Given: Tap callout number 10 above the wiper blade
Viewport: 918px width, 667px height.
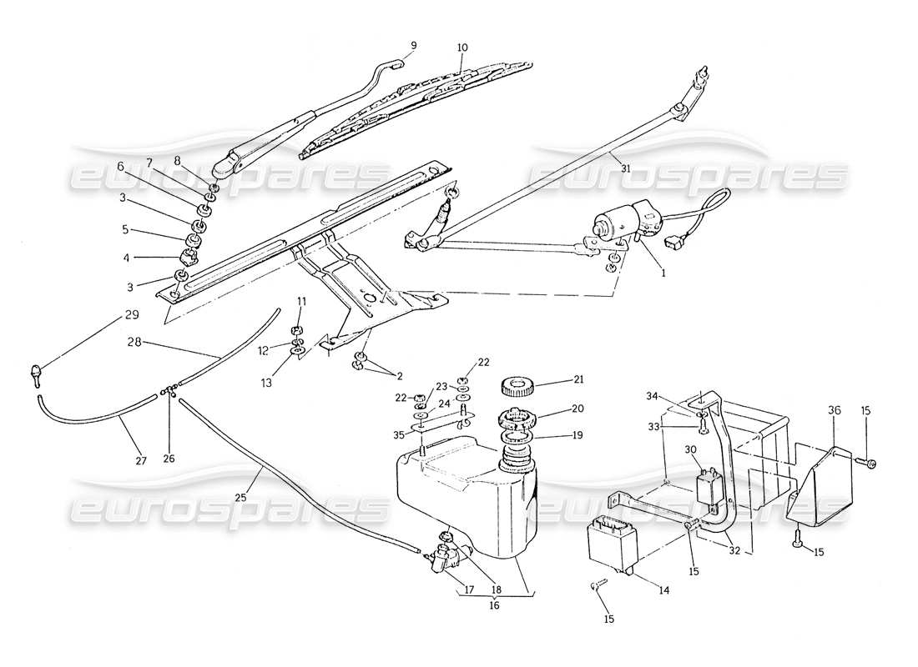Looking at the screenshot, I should point(462,48).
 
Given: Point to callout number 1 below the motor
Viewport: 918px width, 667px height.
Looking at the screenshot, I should point(663,272).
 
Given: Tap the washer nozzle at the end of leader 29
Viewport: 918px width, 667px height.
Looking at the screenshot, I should point(38,373).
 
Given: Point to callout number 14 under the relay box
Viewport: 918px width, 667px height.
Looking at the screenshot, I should point(664,591).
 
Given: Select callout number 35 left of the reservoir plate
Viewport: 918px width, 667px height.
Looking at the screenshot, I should point(400,434).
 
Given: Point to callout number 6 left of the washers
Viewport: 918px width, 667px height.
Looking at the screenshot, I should point(121,166).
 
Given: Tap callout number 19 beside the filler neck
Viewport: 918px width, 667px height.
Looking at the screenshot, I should point(555,434).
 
